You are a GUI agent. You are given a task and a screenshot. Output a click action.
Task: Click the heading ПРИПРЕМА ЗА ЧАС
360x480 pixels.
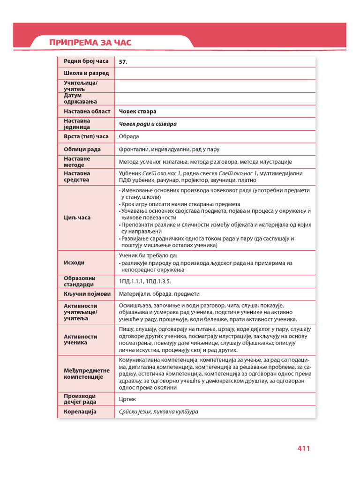point(90,43)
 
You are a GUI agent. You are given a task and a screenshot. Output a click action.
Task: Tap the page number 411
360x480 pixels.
point(304,449)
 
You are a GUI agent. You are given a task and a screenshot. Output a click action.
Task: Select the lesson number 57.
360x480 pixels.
point(124,61)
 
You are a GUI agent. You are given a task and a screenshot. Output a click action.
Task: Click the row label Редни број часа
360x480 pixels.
point(86,61)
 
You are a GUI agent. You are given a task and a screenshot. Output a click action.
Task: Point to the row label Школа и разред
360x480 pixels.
point(86,73)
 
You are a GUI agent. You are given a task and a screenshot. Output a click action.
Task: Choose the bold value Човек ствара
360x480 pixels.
point(138,112)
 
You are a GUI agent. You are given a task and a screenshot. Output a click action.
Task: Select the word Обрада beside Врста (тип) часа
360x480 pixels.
point(129,136)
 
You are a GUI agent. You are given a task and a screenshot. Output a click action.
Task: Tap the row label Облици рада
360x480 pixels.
point(82,150)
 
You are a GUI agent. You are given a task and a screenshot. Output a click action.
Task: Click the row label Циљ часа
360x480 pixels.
point(77,217)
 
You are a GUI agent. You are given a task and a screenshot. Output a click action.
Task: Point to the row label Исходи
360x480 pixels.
point(74,262)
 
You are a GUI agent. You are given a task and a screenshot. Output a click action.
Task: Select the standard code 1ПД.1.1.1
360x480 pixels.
point(131,281)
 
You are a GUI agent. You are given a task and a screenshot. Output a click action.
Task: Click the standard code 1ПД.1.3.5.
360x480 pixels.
point(158,281)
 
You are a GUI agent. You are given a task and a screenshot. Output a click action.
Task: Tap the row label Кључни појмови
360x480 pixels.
point(87,294)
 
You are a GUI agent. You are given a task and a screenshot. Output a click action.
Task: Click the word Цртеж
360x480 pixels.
point(127,399)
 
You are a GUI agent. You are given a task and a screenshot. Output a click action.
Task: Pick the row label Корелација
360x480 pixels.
point(80,412)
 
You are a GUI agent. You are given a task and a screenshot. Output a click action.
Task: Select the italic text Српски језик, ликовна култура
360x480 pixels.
point(158,412)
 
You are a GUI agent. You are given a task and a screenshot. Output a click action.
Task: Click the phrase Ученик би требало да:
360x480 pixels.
point(148,255)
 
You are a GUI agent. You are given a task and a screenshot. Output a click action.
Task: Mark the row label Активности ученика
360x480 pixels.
point(80,339)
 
